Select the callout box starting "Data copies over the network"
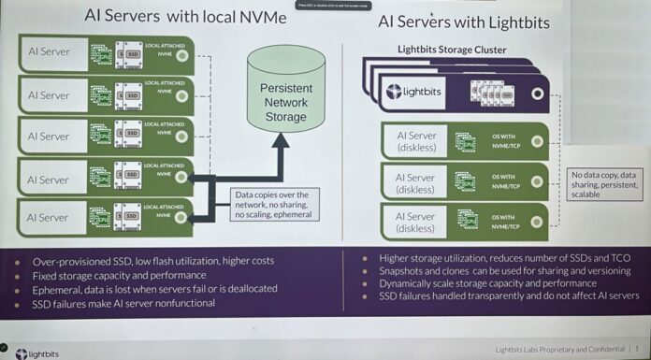pos(273,204)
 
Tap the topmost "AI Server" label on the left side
pos(48,52)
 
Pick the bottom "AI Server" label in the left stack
pos(48,217)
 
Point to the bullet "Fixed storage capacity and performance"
pos(119,275)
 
